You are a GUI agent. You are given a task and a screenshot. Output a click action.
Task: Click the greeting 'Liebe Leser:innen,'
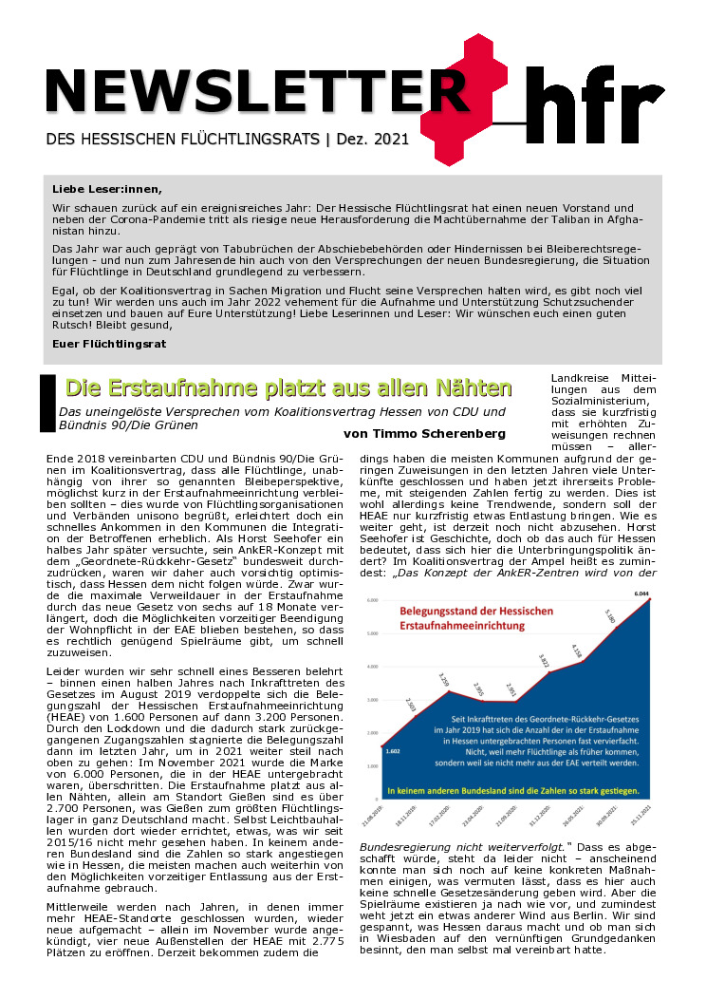tap(107, 188)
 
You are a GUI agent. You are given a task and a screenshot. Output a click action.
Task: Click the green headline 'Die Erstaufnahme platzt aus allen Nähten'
tap(288, 388)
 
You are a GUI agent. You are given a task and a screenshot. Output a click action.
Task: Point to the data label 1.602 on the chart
tap(392, 750)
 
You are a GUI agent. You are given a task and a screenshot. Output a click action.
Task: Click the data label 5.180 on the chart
tap(610, 618)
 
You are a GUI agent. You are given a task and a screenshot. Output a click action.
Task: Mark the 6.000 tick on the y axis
tap(372, 600)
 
